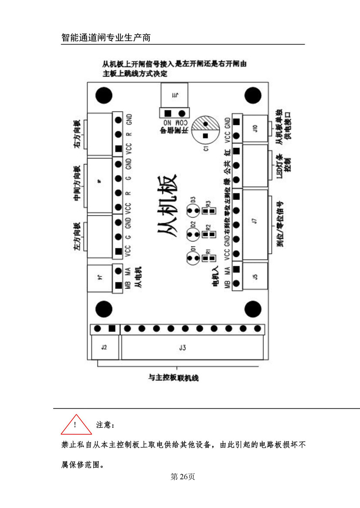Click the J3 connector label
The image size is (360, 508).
[x=182, y=347]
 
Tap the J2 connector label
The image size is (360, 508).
[x=104, y=347]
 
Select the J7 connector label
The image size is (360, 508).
[x=255, y=221]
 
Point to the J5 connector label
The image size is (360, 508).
[x=255, y=276]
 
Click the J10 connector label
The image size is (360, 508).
[x=255, y=128]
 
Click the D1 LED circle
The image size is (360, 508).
[x=192, y=258]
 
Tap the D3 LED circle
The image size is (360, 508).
[x=192, y=211]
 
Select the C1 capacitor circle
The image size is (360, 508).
[x=206, y=127]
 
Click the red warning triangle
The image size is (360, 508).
[x=76, y=425]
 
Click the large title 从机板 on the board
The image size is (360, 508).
[x=167, y=205]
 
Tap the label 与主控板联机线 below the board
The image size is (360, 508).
[x=173, y=378]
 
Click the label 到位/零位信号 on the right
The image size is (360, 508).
[x=280, y=224]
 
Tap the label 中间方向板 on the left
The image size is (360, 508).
[x=77, y=183]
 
